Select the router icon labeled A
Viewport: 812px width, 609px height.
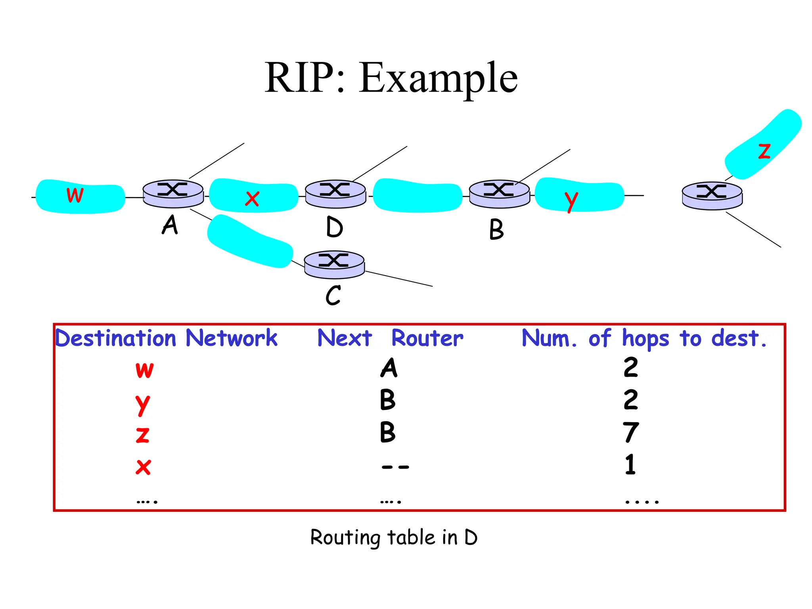(x=173, y=193)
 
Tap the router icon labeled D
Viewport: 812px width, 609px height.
(x=335, y=194)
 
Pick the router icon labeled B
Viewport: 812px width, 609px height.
(x=499, y=194)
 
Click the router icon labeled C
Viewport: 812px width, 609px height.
(x=334, y=264)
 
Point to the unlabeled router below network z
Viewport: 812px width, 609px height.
(x=712, y=196)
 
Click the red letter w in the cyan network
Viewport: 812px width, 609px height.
(x=75, y=195)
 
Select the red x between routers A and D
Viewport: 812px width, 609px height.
(x=252, y=199)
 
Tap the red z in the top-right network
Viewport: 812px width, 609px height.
(x=764, y=151)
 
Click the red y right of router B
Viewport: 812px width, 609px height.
(x=571, y=201)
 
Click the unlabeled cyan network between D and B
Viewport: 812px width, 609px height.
(x=417, y=195)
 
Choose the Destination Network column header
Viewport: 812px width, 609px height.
(x=166, y=338)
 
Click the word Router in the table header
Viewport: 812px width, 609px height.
(x=427, y=338)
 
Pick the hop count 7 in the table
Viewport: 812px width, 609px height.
(x=630, y=432)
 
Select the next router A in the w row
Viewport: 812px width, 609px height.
(x=389, y=368)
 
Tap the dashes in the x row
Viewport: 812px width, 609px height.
(x=395, y=467)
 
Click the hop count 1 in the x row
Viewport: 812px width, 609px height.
(x=630, y=465)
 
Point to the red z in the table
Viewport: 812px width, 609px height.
(x=143, y=435)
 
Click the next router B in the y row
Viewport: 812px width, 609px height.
(x=387, y=400)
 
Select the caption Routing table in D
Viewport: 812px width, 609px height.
(x=394, y=538)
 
